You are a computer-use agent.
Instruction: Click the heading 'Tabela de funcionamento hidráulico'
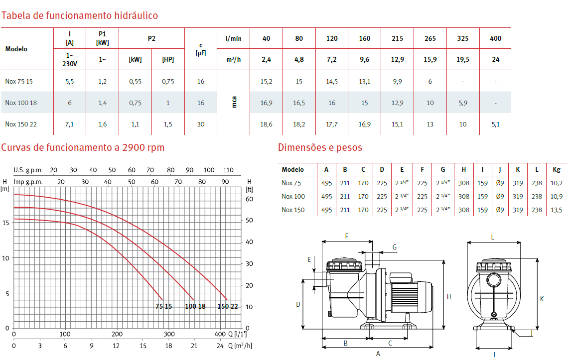tap(80, 15)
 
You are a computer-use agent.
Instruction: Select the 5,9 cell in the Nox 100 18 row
tap(463, 103)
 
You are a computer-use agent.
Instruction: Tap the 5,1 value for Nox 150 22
tap(496, 124)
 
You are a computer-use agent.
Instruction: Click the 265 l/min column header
tap(430, 38)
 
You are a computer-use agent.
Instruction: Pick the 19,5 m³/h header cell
tap(463, 60)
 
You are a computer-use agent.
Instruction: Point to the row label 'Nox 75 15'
tap(19, 82)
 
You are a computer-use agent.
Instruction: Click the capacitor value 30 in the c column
tap(201, 124)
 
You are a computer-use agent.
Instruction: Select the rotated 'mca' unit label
tap(234, 102)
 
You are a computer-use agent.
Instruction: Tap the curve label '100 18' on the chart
tap(195, 307)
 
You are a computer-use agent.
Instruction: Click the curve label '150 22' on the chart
tap(228, 307)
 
